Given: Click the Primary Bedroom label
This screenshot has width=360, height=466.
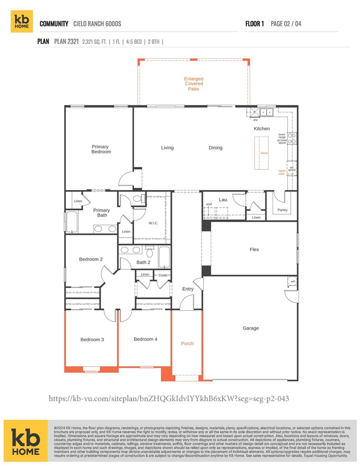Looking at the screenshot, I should click(x=101, y=149).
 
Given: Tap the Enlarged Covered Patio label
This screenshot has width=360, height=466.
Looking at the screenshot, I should click(x=194, y=84).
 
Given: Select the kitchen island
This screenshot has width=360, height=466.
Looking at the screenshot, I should click(x=263, y=153).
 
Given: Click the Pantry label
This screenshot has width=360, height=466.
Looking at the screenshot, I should click(x=282, y=210).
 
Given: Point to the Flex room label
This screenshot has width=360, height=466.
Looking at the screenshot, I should click(x=254, y=250).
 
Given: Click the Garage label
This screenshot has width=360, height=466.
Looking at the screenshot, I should click(x=250, y=328).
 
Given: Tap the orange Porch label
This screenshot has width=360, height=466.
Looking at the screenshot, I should click(x=187, y=343).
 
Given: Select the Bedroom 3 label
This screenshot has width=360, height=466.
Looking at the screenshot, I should click(x=92, y=340).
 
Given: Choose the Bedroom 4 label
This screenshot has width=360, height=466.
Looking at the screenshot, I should click(x=146, y=339).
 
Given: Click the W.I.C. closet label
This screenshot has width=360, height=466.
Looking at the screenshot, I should click(x=153, y=223).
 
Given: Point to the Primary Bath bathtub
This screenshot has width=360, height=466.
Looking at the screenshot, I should click(x=72, y=222).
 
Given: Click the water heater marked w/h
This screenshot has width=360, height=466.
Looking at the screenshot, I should click(x=292, y=282).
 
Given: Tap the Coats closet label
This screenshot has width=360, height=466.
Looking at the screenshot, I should click(x=163, y=275).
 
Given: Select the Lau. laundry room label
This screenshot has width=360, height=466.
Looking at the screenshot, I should click(x=224, y=200).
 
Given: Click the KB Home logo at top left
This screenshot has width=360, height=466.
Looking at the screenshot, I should click(x=22, y=22).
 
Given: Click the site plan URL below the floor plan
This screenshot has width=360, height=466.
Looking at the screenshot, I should click(x=169, y=398).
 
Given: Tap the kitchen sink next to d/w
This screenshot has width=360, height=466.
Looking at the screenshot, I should click(x=267, y=112).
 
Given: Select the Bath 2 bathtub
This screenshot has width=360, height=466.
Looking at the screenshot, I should click(x=164, y=257).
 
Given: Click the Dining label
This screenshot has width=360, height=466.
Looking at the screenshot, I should click(x=215, y=148).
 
